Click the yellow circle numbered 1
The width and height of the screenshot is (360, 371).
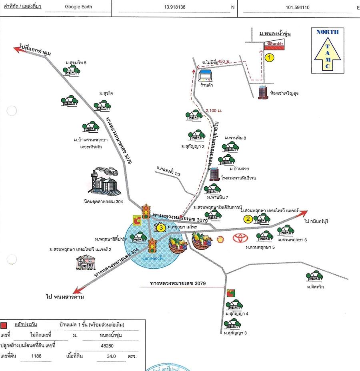tap(270, 58)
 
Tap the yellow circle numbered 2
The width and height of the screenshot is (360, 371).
tap(248, 219)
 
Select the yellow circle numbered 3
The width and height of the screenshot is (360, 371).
tap(161, 227)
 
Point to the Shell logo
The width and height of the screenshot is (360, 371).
tap(220, 239)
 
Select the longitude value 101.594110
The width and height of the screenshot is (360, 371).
tap(298, 7)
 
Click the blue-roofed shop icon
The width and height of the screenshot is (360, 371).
tap(206, 76)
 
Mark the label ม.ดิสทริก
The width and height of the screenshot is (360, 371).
tap(315, 287)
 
